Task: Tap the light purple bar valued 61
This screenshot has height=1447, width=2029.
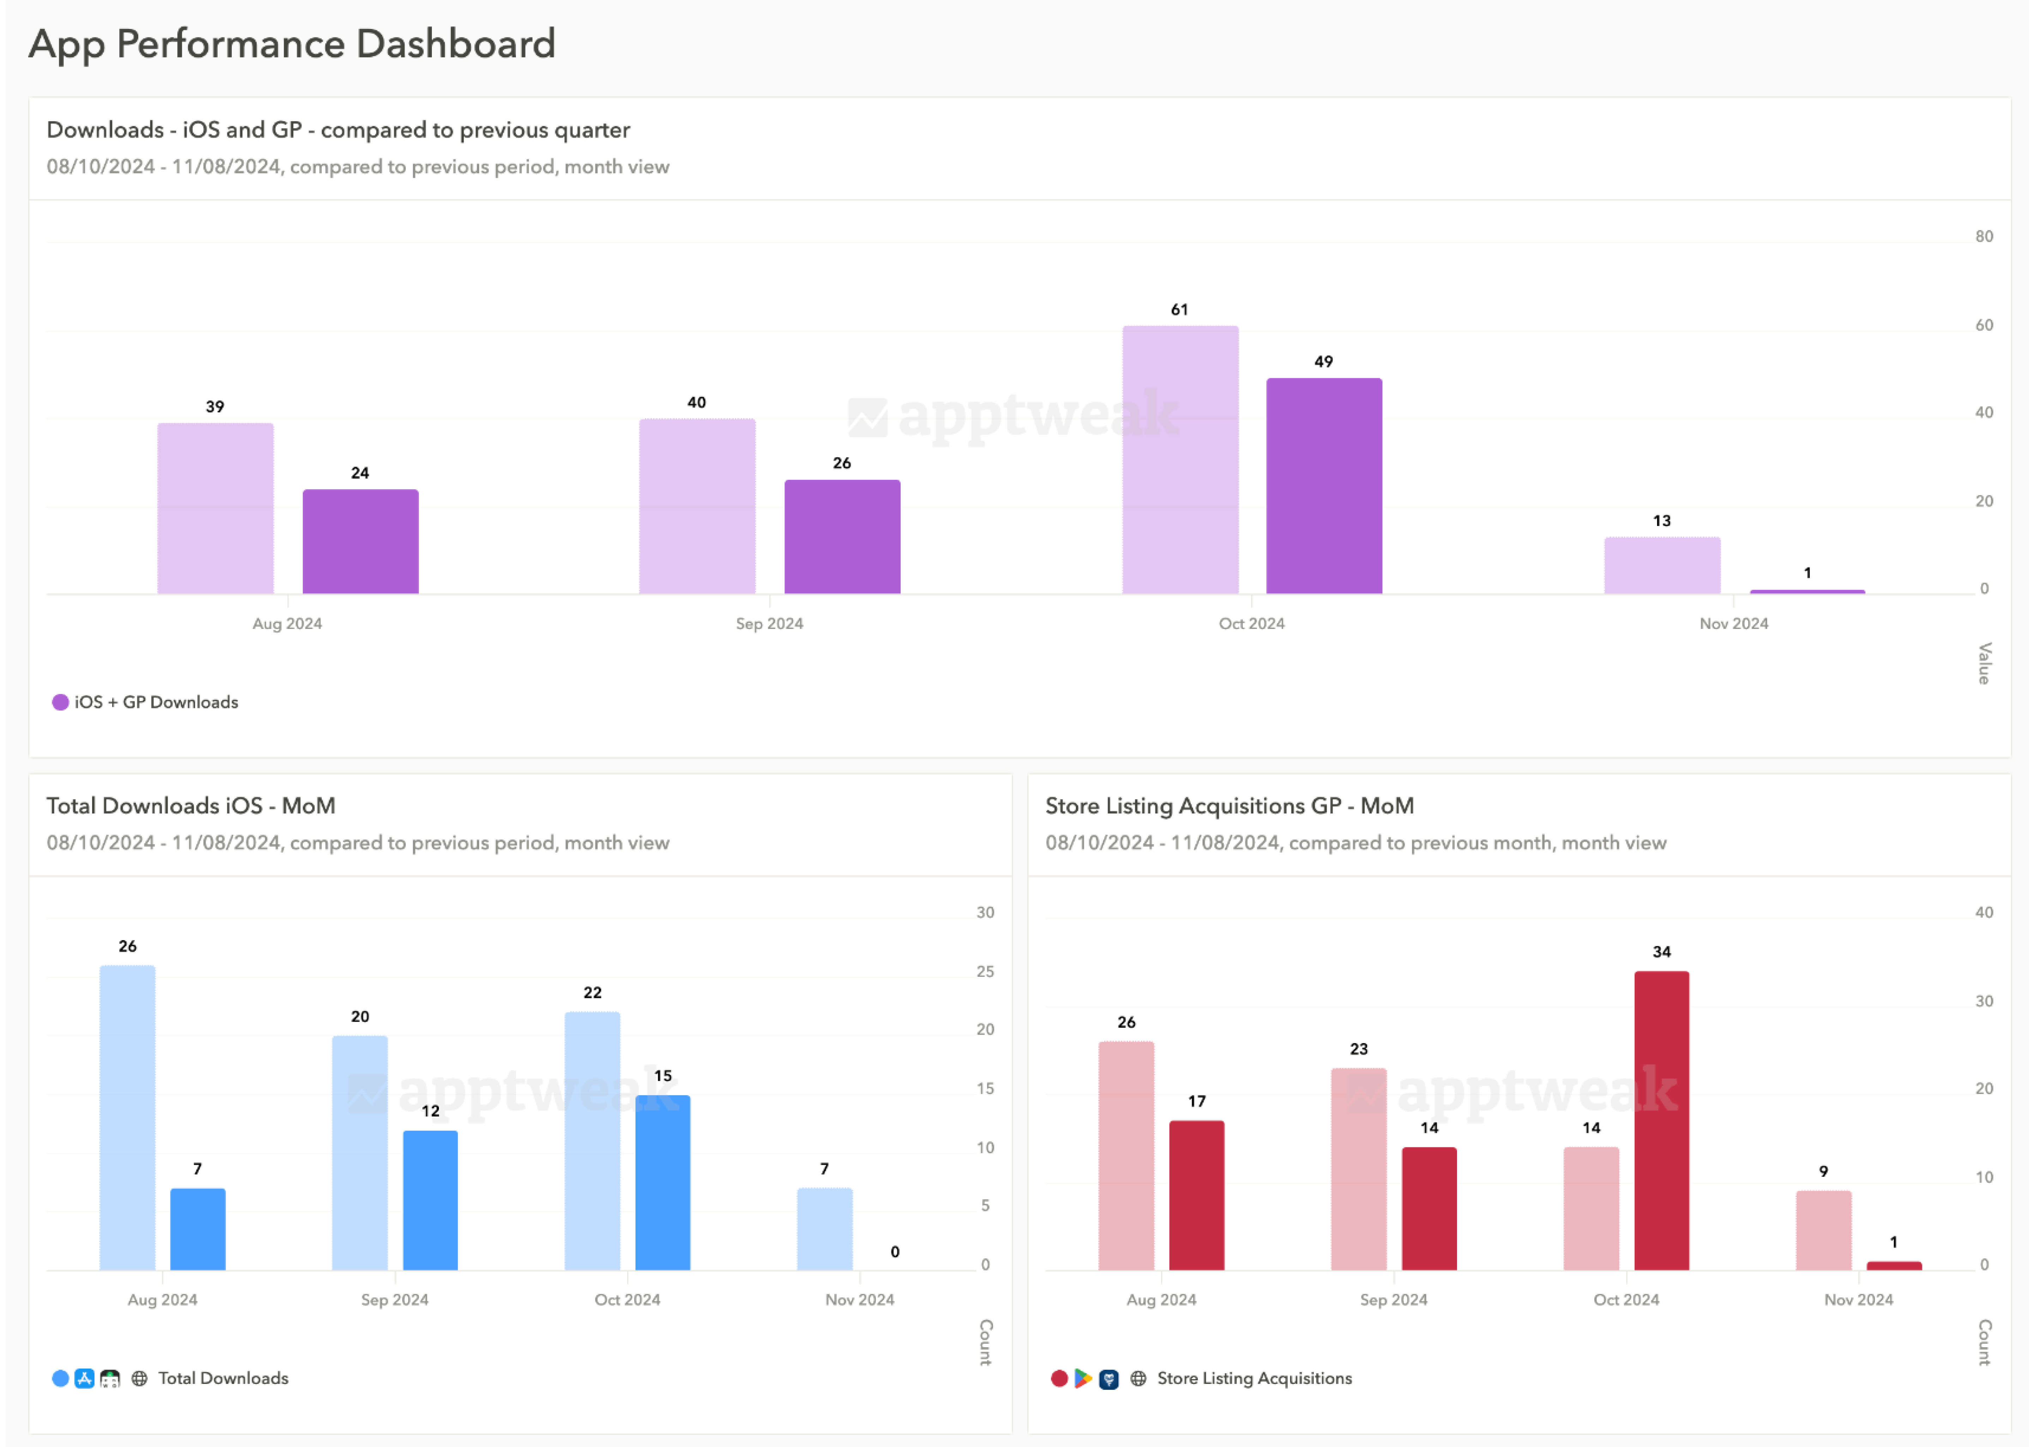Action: coord(1180,460)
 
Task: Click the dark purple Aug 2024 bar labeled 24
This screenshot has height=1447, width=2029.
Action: coord(360,542)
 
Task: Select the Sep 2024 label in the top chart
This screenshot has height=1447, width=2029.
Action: coord(769,624)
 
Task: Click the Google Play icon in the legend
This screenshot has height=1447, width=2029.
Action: coord(1083,1379)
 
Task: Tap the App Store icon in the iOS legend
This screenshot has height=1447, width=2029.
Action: coord(85,1379)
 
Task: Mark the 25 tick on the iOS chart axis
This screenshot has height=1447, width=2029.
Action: coord(985,971)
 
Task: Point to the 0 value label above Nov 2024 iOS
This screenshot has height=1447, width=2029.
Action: coord(895,1252)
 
